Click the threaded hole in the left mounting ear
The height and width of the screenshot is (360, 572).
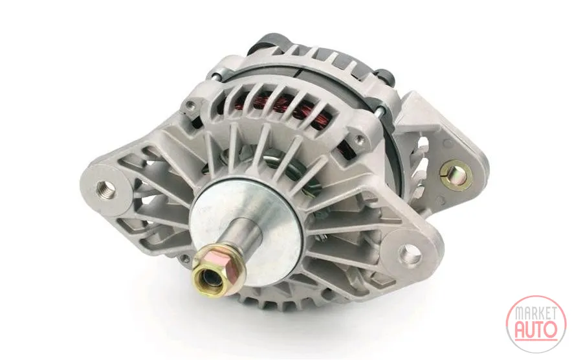click(x=105, y=188)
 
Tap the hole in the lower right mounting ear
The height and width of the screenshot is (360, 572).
click(x=410, y=253)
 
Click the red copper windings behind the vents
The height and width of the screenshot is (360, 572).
click(x=292, y=110)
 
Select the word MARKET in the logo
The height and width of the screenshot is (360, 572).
click(x=536, y=314)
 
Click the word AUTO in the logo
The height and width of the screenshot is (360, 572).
click(x=536, y=330)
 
